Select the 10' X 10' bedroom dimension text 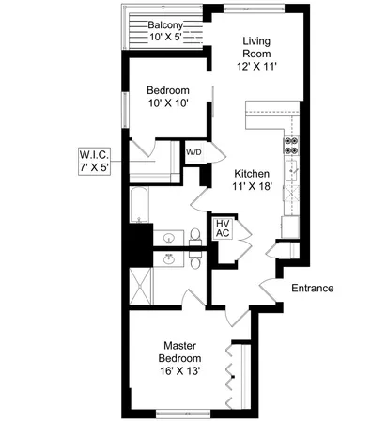168,104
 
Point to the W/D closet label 194,152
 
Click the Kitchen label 252,174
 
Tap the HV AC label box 224,228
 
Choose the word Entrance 313,288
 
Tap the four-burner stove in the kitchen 290,145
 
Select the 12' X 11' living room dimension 256,66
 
